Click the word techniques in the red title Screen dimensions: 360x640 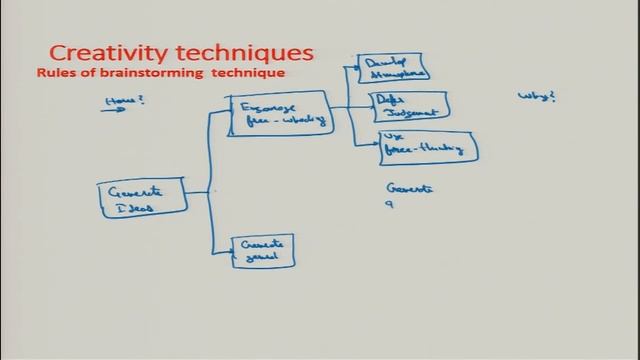pyautogui.click(x=244, y=51)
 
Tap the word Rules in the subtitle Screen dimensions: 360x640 pyautogui.click(x=56, y=73)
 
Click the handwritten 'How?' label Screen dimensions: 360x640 pyautogui.click(x=119, y=100)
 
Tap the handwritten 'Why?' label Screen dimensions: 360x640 pyautogui.click(x=536, y=97)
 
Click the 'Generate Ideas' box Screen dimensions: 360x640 pyautogui.click(x=143, y=198)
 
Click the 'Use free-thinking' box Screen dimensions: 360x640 pyautogui.click(x=426, y=146)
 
